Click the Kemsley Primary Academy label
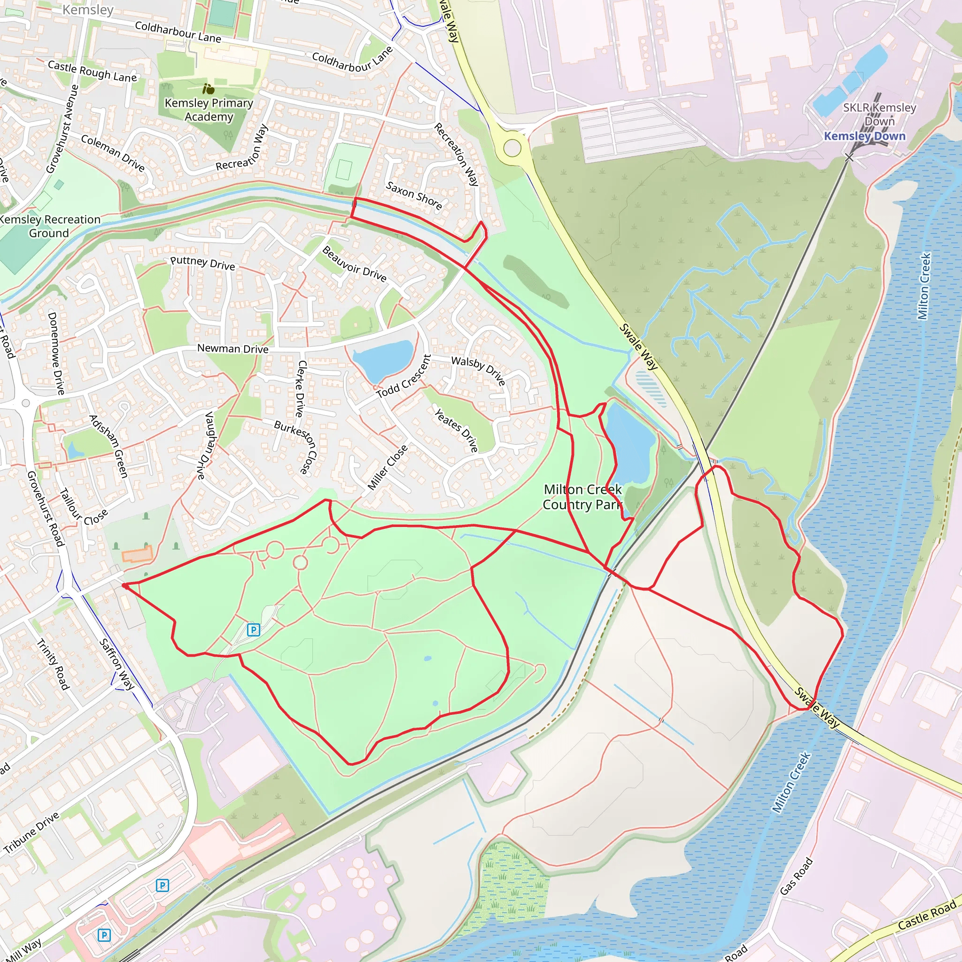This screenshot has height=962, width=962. point(209,109)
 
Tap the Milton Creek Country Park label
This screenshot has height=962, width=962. point(582,497)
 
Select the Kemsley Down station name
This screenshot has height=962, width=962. point(864,136)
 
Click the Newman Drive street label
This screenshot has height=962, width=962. point(233,349)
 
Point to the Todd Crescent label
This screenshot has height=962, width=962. point(403,377)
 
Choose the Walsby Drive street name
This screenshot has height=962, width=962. point(478,371)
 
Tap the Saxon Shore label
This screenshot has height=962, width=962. point(414,196)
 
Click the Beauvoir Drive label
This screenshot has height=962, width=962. point(354,264)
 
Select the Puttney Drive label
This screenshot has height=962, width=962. point(202,263)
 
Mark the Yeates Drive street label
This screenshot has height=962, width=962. point(456,431)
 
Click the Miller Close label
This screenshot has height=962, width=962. point(388,467)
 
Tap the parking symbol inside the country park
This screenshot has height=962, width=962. point(254,630)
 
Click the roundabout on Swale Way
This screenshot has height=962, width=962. point(512,148)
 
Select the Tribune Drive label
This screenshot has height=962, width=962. point(31,832)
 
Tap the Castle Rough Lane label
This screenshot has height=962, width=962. point(92,71)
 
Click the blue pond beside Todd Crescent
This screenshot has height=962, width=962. point(382,359)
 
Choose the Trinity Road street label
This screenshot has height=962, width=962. point(52,664)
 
